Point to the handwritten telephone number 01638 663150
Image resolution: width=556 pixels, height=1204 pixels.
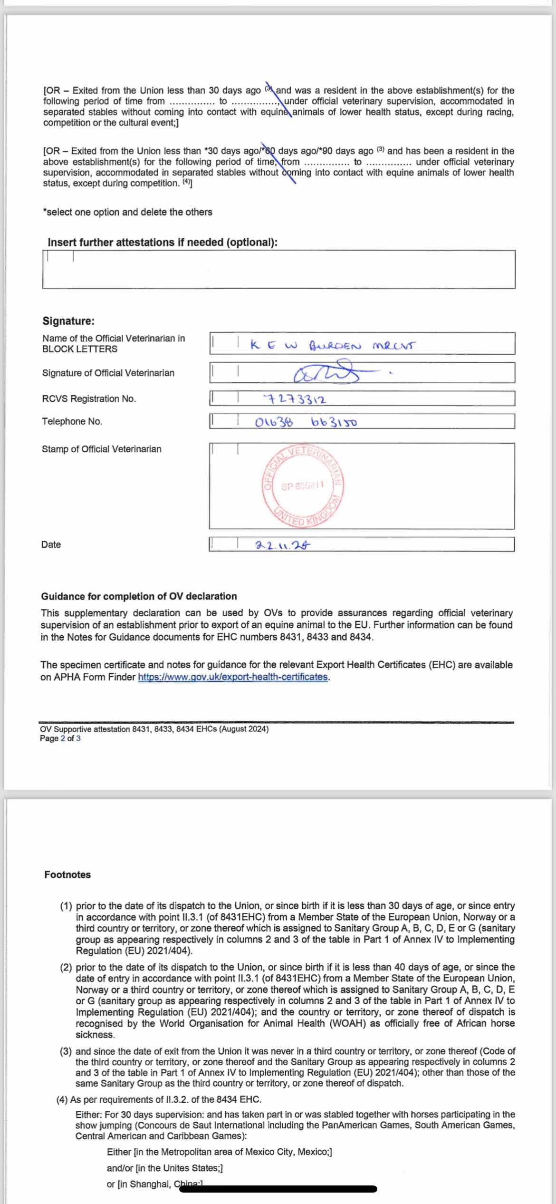[x=306, y=422]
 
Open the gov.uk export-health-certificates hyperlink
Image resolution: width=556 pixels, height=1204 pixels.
[x=233, y=677]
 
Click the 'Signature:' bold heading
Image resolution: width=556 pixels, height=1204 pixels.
[x=68, y=321]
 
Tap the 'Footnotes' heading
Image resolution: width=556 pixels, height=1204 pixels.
[x=67, y=874]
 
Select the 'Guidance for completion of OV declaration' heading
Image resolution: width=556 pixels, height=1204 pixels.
[x=139, y=596]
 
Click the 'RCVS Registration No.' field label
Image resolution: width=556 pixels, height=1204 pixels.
[x=89, y=399]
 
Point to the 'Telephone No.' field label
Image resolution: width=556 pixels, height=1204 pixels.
[x=72, y=421]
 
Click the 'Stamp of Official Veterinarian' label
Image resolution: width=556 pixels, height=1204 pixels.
[x=101, y=449]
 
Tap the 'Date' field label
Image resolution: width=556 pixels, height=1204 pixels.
[x=51, y=544]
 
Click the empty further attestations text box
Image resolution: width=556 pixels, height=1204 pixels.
[x=278, y=270]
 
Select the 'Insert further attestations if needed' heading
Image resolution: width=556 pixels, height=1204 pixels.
[x=162, y=242]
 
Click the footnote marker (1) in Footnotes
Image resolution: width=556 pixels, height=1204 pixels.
[x=66, y=906]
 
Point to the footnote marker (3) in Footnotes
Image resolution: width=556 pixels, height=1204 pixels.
[x=66, y=1051]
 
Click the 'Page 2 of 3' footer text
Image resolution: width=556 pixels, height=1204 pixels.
[x=60, y=738]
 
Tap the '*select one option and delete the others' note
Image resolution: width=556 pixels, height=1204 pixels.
[x=127, y=212]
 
